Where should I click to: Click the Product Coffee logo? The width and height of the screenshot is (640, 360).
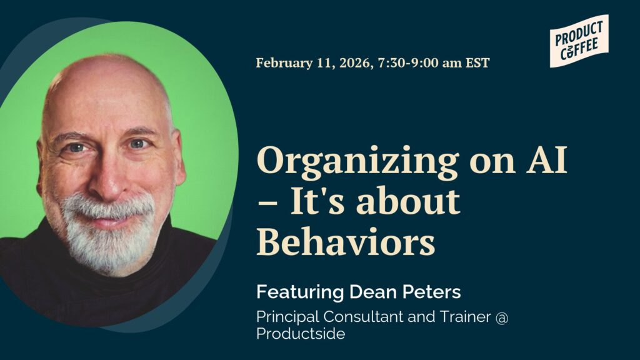point(579,41)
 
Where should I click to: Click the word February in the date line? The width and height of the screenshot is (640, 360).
point(281,62)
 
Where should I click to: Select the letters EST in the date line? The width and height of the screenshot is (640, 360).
point(477,62)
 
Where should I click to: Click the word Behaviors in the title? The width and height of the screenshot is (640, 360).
point(346,241)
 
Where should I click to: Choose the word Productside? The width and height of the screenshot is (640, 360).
point(300,334)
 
